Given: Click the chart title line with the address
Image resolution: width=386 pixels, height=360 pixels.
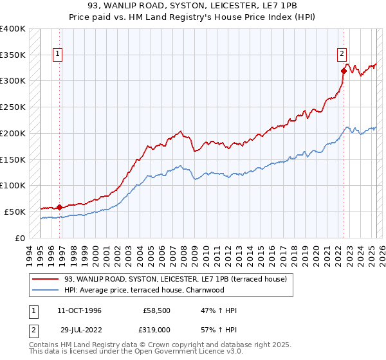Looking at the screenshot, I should (x=192, y=5).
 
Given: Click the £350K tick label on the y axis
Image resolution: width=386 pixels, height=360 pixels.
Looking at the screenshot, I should (x=13, y=55).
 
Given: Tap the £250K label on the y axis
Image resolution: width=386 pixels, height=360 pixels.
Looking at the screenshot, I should (x=13, y=107).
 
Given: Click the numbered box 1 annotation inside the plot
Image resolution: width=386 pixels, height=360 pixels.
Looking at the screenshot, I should (x=58, y=55).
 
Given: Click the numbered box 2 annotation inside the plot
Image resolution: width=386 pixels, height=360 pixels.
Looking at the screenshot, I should (x=342, y=55).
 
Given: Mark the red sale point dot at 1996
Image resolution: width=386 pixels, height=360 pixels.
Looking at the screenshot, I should (x=60, y=207).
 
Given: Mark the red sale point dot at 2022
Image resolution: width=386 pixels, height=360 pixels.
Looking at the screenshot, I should (x=344, y=71).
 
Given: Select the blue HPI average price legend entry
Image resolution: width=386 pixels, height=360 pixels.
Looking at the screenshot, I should (x=161, y=289).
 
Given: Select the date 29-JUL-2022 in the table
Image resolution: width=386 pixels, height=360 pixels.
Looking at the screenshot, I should (x=79, y=330).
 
